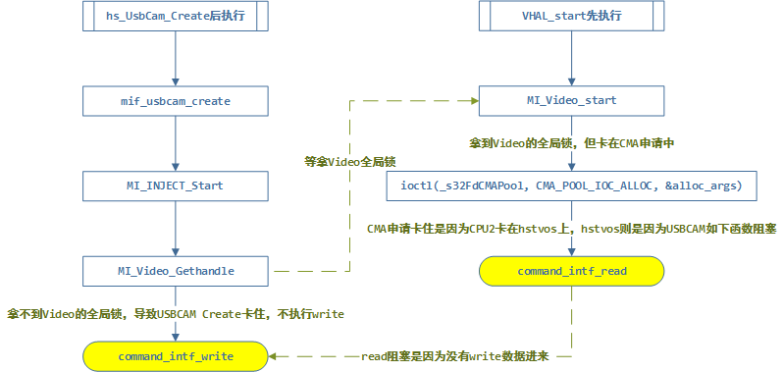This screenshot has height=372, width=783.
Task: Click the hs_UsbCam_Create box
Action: click(x=174, y=16)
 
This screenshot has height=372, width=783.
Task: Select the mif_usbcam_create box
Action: click(x=174, y=100)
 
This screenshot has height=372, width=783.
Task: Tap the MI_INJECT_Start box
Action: click(x=174, y=185)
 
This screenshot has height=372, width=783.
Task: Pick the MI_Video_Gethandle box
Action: click(x=174, y=269)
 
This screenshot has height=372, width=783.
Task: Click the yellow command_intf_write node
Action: click(x=174, y=355)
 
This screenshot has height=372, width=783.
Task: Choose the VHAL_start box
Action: click(x=572, y=16)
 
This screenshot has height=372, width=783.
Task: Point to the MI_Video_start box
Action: click(x=572, y=100)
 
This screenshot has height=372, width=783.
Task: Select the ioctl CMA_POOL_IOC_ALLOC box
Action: click(x=572, y=185)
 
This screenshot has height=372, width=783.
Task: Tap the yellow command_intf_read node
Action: click(x=572, y=270)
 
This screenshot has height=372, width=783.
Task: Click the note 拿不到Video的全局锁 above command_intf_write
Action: click(x=175, y=313)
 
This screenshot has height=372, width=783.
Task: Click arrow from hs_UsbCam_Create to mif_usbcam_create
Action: click(x=174, y=58)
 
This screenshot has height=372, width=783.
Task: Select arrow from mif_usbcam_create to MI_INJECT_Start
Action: click(x=174, y=142)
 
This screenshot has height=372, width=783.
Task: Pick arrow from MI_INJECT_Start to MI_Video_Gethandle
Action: click(x=174, y=227)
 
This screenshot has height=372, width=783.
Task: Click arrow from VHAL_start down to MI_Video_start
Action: click(x=572, y=58)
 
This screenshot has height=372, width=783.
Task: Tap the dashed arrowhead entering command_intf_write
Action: click(x=273, y=355)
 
